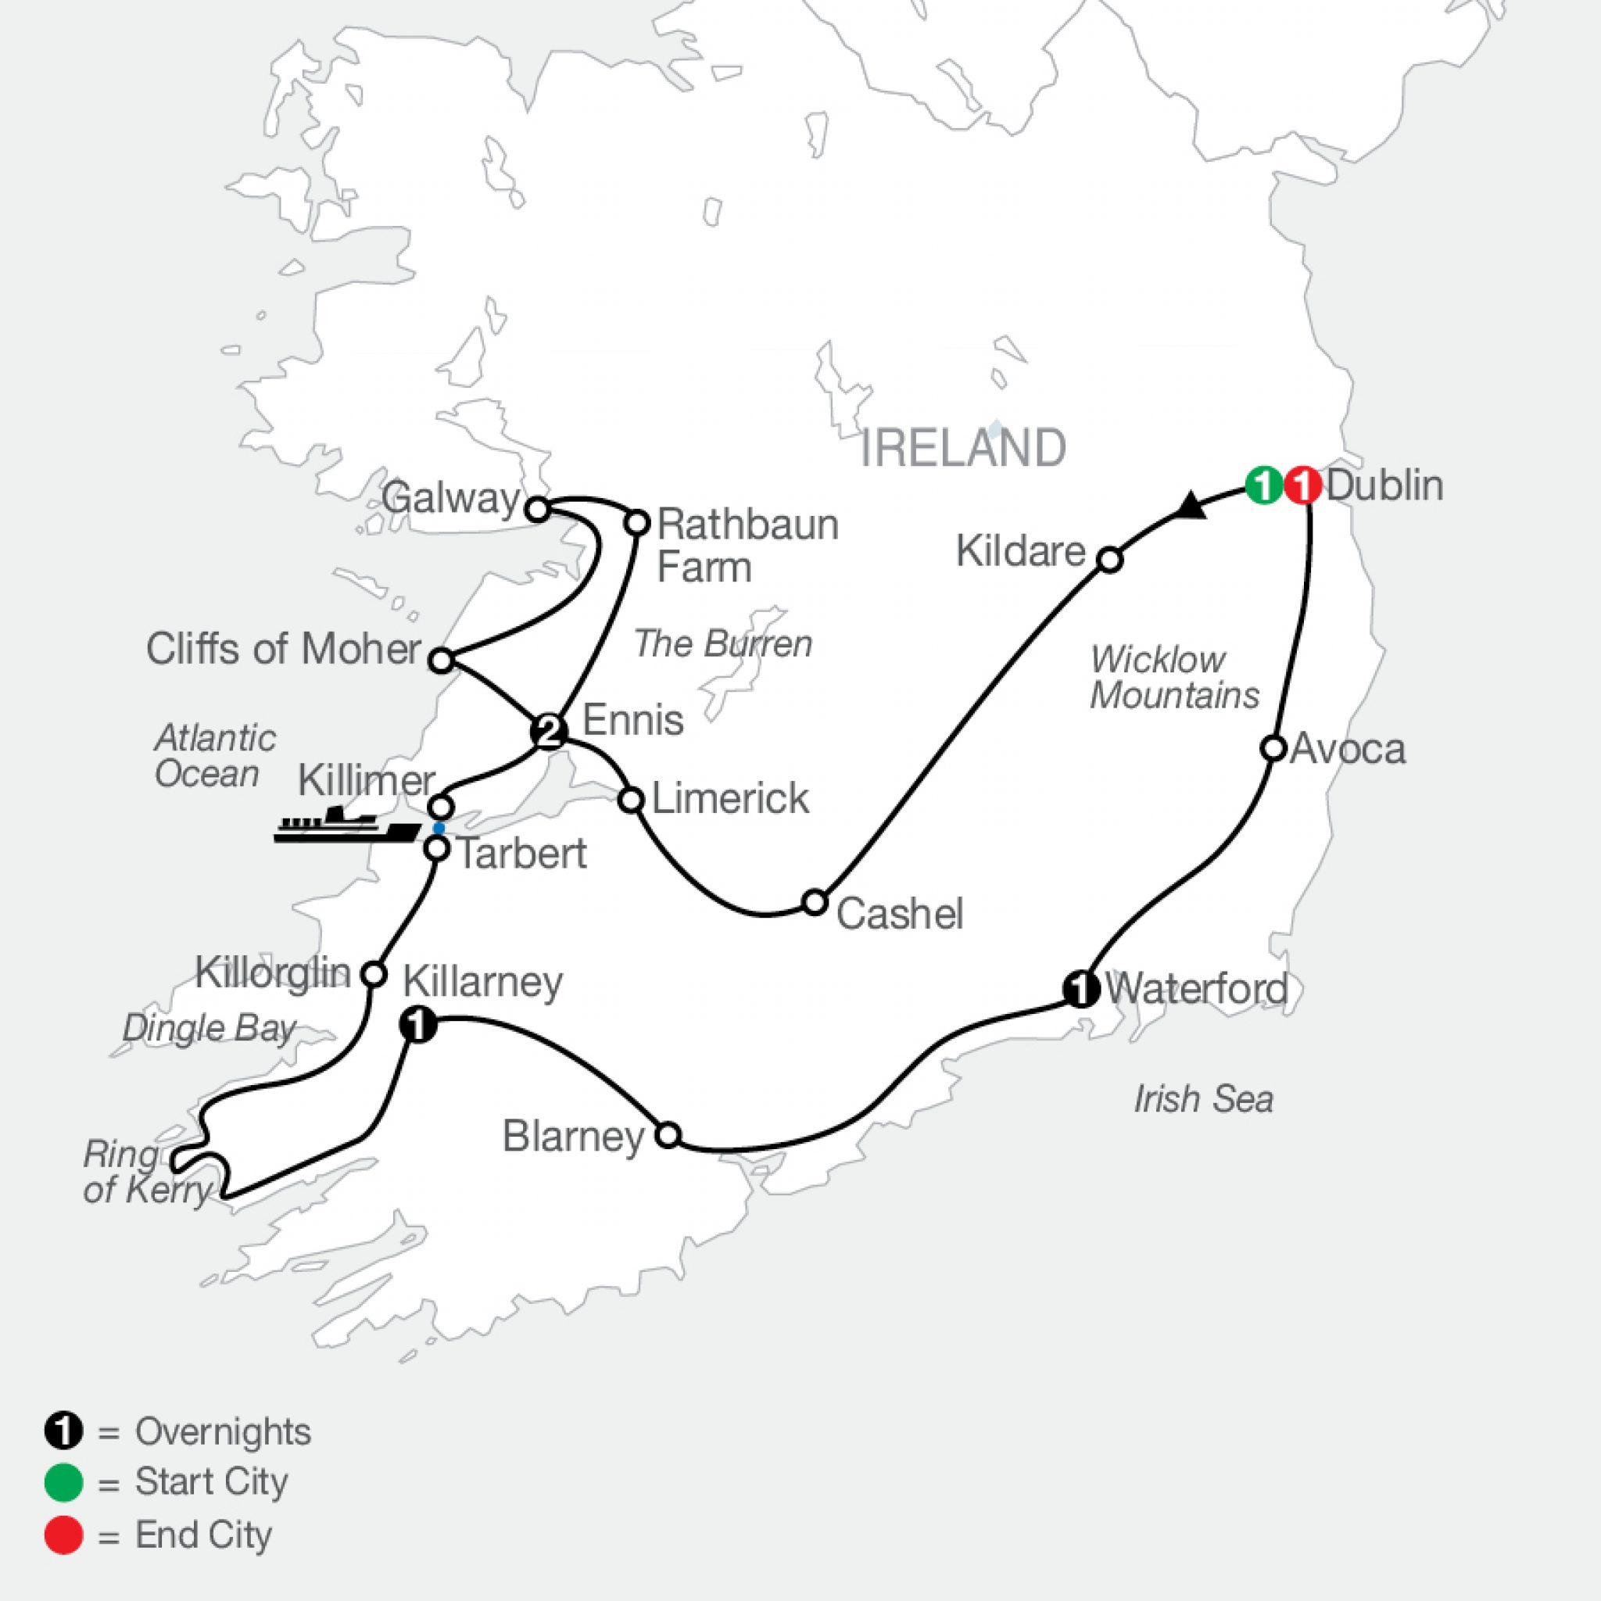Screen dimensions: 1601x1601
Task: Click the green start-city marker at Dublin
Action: pyautogui.click(x=1264, y=485)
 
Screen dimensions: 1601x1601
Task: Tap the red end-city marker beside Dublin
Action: pyautogui.click(x=1302, y=485)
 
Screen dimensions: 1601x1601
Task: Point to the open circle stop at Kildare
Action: pyautogui.click(x=1109, y=561)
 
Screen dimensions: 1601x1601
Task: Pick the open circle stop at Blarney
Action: pyautogui.click(x=668, y=1134)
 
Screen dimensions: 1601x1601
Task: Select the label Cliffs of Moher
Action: pyautogui.click(x=284, y=649)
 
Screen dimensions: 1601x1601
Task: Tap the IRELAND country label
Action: pyautogui.click(x=963, y=448)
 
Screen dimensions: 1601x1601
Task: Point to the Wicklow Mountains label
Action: pyautogui.click(x=1173, y=677)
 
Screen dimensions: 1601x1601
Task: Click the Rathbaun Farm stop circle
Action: pyautogui.click(x=636, y=523)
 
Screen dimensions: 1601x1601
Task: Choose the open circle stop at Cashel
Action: pyautogui.click(x=815, y=902)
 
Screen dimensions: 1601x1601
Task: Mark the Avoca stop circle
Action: pyautogui.click(x=1273, y=748)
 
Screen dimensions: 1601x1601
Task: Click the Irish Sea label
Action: pyautogui.click(x=1202, y=1100)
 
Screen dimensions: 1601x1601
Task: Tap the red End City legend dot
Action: pyautogui.click(x=64, y=1535)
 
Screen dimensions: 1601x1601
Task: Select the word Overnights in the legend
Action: pyautogui.click(x=223, y=1432)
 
